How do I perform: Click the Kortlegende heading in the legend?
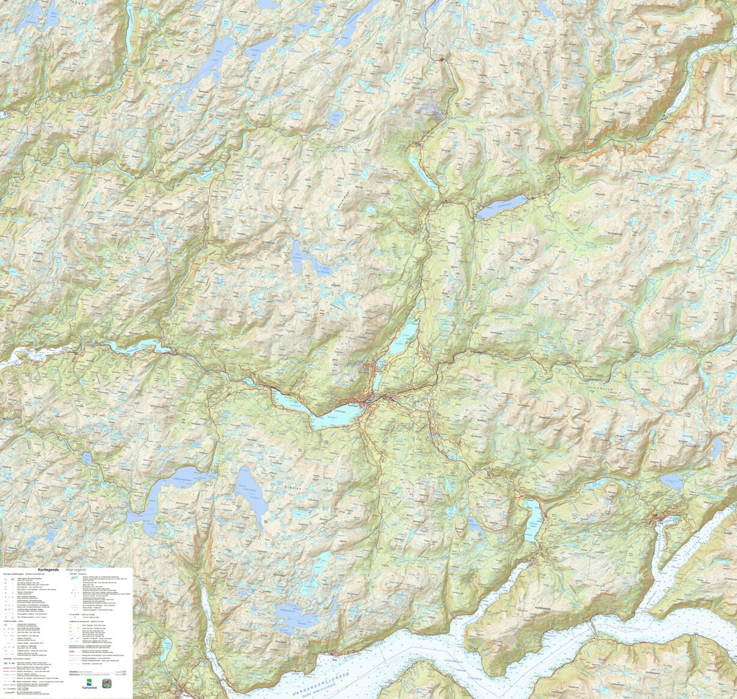pyautogui.click(x=48, y=570)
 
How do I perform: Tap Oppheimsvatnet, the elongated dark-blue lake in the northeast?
pyautogui.click(x=502, y=207)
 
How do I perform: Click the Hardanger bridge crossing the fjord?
pyautogui.click(x=593, y=626)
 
